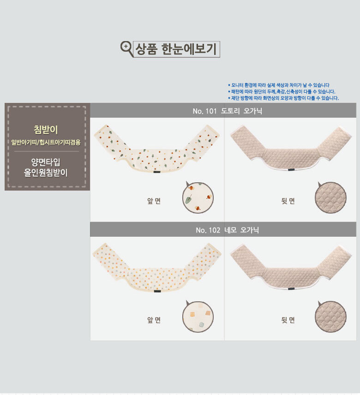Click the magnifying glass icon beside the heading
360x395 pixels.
click(126, 48)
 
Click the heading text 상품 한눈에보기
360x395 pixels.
click(176, 49)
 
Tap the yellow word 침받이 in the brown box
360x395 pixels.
click(46, 130)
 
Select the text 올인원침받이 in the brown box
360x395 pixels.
click(46, 173)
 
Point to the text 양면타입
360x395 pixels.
click(46, 162)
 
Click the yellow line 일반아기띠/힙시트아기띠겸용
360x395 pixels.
click(46, 142)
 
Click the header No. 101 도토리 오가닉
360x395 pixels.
click(227, 111)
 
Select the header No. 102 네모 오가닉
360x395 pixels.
click(227, 230)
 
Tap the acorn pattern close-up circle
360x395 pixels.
click(198, 197)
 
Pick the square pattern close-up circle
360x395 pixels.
click(198, 317)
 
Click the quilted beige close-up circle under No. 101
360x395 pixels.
click(330, 197)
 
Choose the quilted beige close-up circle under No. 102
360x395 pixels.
click(330, 317)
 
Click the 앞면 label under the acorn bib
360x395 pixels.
click(154, 201)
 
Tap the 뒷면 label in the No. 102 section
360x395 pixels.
click(288, 320)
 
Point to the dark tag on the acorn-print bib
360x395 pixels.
click(157, 172)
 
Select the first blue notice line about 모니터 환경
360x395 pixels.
click(279, 85)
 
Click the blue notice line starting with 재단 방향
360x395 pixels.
click(283, 98)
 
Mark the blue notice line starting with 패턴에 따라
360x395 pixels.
click(282, 91)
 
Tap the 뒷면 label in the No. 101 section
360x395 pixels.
click(288, 201)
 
